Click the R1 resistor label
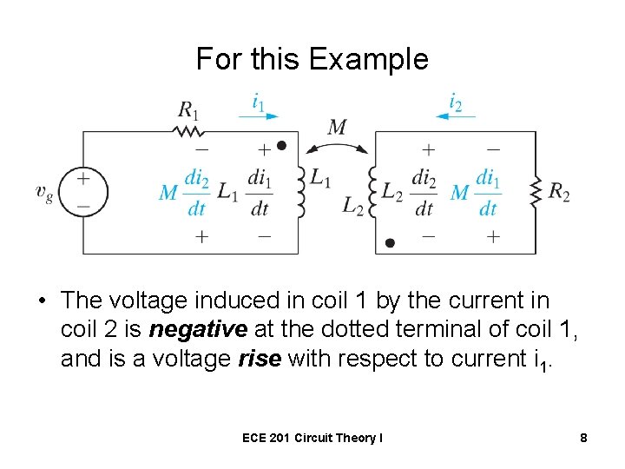pos(187,109)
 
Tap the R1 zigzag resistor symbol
pos(188,131)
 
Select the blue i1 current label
pos(259,102)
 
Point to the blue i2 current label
pos(455,102)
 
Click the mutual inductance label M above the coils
pos(338,129)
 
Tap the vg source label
pos(44,193)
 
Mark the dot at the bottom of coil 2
pos(390,243)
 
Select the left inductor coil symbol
pos(300,191)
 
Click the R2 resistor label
pos(560,193)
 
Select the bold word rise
pos(259,359)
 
